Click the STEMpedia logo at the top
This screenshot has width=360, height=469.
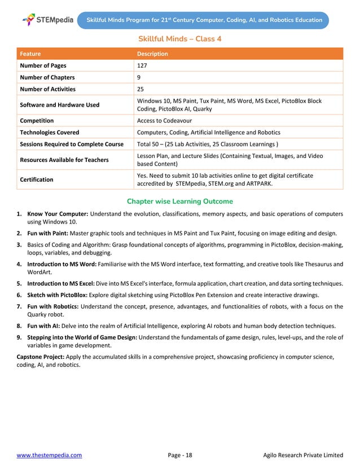[48, 20]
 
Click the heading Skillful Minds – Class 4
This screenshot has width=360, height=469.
[180, 39]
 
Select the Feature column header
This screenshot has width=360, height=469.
[30, 54]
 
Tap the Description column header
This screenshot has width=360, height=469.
[152, 54]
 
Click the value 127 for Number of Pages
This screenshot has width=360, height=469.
[143, 65]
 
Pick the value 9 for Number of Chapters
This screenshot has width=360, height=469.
[139, 77]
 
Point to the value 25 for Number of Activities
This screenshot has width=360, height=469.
[141, 89]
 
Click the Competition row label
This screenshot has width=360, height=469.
[37, 120]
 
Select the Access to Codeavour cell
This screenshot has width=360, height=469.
[164, 120]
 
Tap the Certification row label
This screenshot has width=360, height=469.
[37, 179]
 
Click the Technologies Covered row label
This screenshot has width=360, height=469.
[50, 132]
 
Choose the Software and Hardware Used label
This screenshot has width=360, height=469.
[60, 105]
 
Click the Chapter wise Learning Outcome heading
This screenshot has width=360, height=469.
[180, 201]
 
